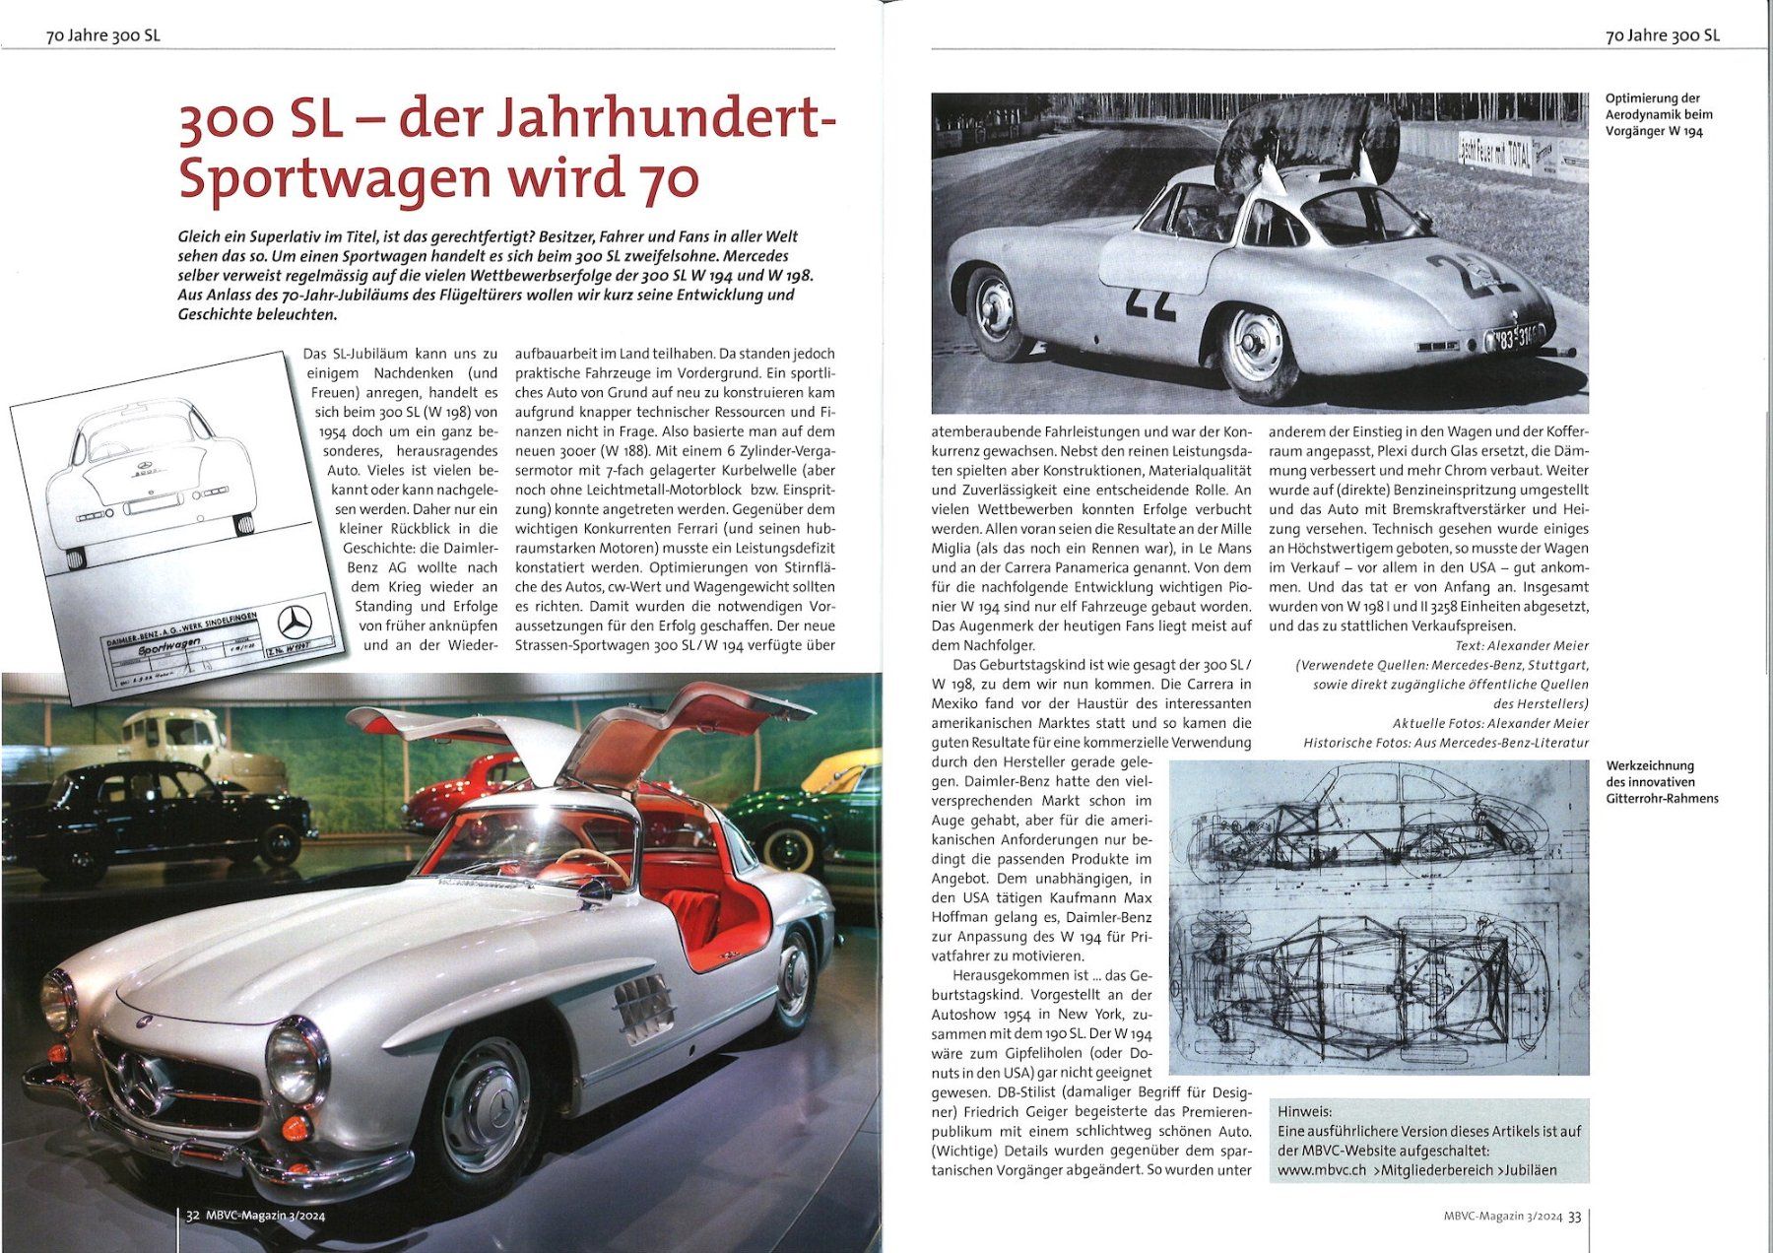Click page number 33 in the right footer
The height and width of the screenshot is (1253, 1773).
pos(1574,1217)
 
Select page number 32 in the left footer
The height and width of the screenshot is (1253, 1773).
pos(193,1216)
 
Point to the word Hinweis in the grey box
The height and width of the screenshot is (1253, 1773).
pos(1304,1111)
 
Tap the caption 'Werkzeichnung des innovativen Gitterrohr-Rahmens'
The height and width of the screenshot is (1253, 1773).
pos(1662,781)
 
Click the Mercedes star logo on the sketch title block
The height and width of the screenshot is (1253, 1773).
pos(295,623)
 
